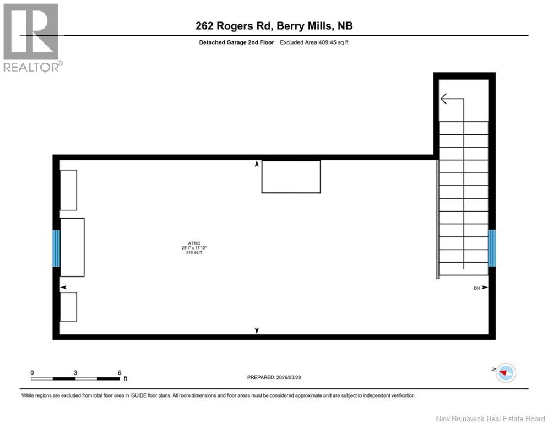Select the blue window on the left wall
(56, 248)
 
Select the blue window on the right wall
(492, 248)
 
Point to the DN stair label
(477, 288)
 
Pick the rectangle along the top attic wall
(291, 176)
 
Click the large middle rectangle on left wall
(72, 247)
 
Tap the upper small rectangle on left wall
(68, 190)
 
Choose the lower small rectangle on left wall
(68, 306)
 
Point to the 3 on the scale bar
(75, 372)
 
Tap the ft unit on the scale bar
(126, 379)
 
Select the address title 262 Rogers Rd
(274, 26)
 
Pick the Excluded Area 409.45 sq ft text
(314, 42)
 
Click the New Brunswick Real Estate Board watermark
(490, 419)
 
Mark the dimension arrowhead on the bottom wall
(257, 330)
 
